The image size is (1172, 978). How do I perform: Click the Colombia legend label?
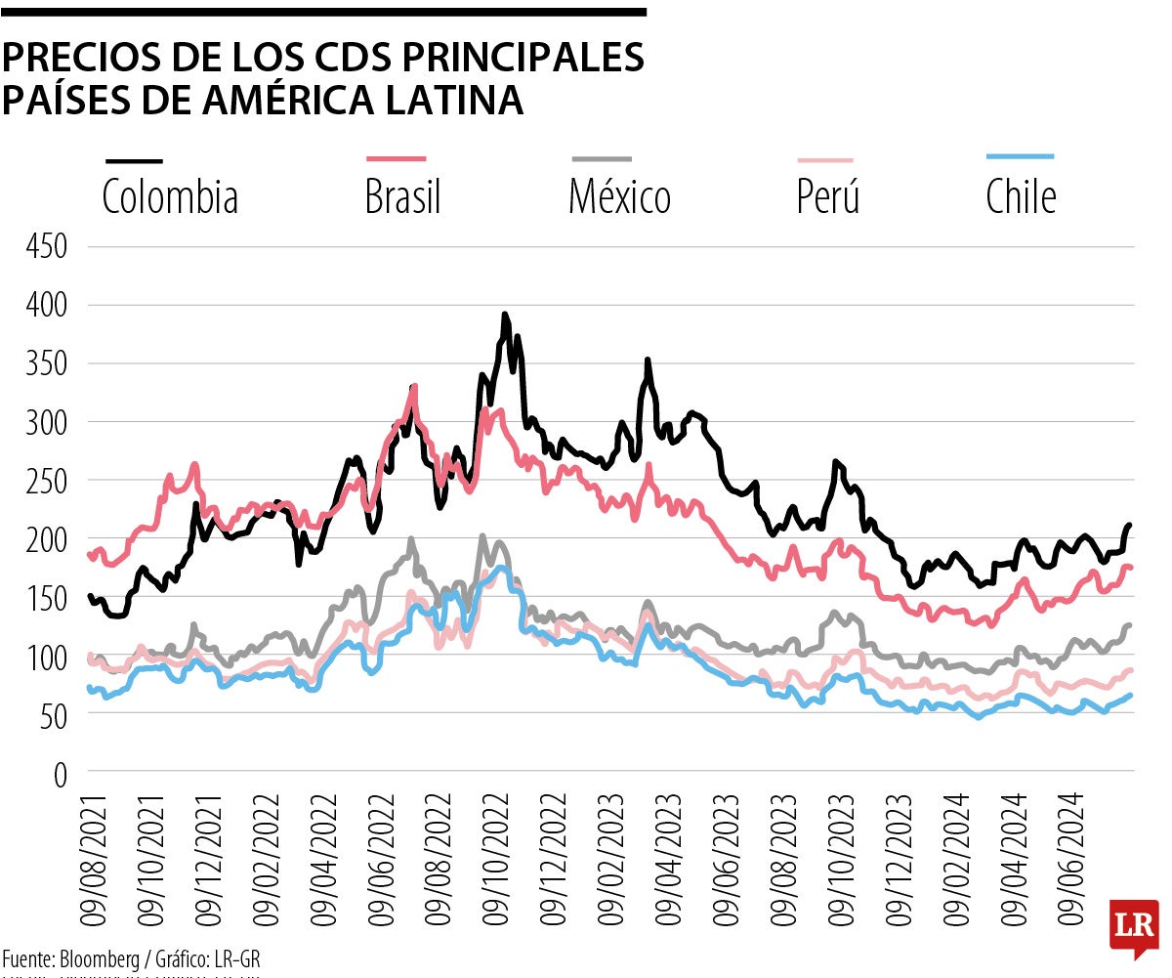pos(170,197)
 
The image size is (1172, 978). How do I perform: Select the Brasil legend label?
pos(402,197)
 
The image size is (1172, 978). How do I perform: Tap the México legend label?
pos(619,197)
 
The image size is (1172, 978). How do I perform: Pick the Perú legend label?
pos(828,197)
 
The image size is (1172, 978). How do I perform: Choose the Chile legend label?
pos(1021,197)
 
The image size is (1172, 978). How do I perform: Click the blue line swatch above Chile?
pos(1021,156)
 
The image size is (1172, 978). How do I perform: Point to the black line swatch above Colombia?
pos(134,160)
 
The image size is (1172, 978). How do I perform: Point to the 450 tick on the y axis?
pos(47,247)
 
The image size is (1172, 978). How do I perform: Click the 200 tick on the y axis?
pos(47,539)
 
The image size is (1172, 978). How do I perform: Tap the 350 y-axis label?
pos(47,364)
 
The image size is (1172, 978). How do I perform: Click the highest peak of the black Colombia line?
pos(504,315)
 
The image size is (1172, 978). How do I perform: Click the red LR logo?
pos(1133,927)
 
